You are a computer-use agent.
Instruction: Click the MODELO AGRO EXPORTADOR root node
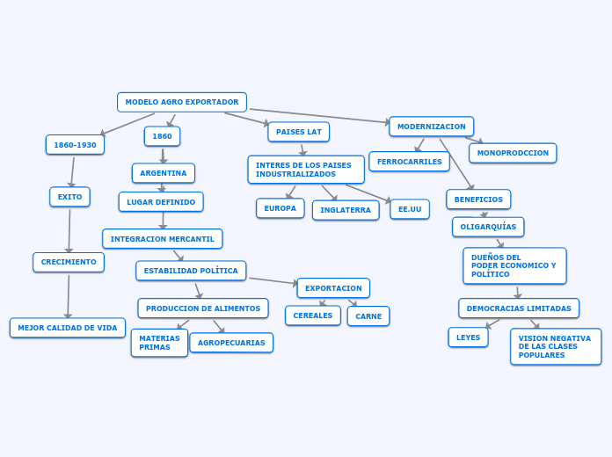(182, 102)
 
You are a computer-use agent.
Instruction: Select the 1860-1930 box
(75, 145)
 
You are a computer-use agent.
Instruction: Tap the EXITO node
(69, 197)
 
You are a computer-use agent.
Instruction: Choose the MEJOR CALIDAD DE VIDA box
(68, 328)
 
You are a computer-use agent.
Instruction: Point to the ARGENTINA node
(164, 173)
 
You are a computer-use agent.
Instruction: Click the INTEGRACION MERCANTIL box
(163, 239)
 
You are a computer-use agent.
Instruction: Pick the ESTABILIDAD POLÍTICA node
(191, 271)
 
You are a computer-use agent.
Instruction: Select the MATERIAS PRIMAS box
(159, 343)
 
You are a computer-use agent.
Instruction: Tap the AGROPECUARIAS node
(231, 343)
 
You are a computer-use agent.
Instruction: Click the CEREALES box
(313, 316)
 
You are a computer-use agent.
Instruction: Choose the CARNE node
(368, 316)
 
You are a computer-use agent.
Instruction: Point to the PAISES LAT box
(299, 132)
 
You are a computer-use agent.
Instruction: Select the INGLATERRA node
(346, 210)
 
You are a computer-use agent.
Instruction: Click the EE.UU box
(410, 209)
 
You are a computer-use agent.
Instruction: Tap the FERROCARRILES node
(410, 162)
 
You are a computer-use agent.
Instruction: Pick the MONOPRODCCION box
(513, 153)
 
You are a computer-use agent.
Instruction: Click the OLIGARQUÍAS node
(488, 227)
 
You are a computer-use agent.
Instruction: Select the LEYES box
(468, 337)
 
